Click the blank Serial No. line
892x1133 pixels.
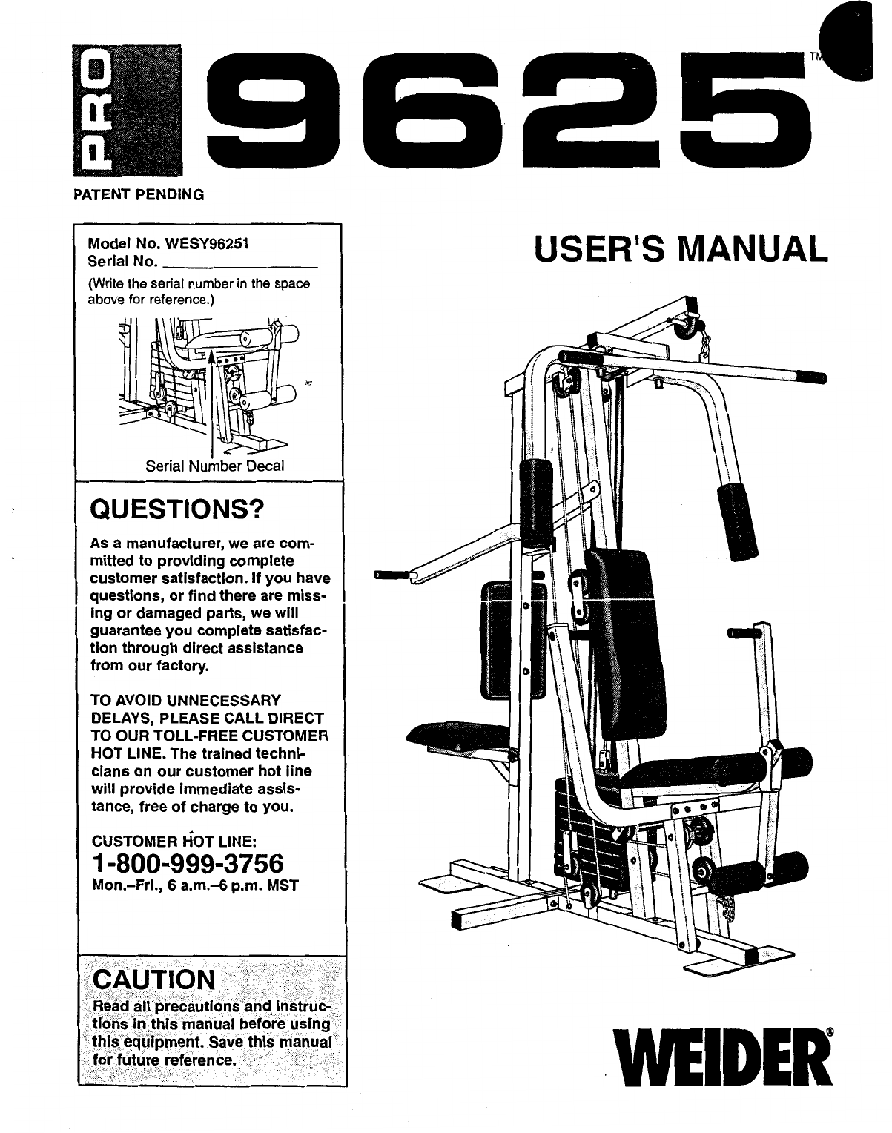(x=239, y=262)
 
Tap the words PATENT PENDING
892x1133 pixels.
(x=138, y=195)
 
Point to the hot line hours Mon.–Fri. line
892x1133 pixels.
(x=194, y=885)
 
